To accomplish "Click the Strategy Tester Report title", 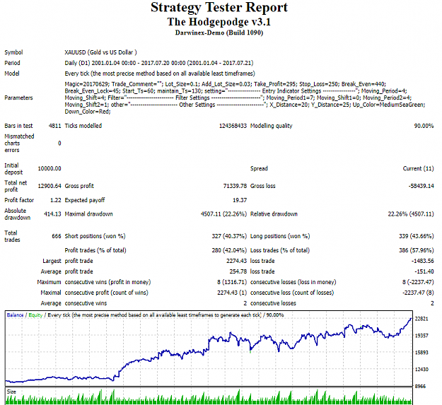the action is [219, 8].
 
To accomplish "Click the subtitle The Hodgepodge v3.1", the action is [219, 22].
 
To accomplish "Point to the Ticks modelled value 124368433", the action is [233, 126].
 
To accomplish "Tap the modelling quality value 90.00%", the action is [424, 126].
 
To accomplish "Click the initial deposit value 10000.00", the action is [50, 168].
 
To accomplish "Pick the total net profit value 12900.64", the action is [50, 186].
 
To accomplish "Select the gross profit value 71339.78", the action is [235, 186].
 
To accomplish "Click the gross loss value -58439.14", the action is [421, 186].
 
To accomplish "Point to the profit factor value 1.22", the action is [56, 200].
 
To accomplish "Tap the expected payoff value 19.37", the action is [240, 200].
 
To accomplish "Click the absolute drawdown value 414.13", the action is [52, 214].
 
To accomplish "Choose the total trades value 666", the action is [57, 236].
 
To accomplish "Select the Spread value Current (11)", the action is [419, 168].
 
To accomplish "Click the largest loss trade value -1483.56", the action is [422, 261].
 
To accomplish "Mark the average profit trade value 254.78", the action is [238, 271].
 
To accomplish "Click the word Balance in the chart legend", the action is [15, 315].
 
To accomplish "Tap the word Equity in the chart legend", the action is [35, 315].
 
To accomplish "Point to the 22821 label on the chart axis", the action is [421, 319].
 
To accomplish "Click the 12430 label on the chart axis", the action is [421, 369].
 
